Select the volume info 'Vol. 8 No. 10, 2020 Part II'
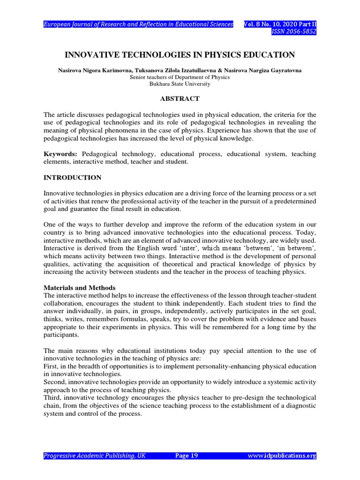(280, 24)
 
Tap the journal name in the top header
(138, 24)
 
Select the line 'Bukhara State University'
(180, 84)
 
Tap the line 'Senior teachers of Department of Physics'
(180, 77)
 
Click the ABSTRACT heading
(180, 99)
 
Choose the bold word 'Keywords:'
(61, 154)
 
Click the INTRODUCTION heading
(72, 178)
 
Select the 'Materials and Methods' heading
(79, 287)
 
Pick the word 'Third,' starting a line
(53, 397)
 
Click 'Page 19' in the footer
(187, 456)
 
